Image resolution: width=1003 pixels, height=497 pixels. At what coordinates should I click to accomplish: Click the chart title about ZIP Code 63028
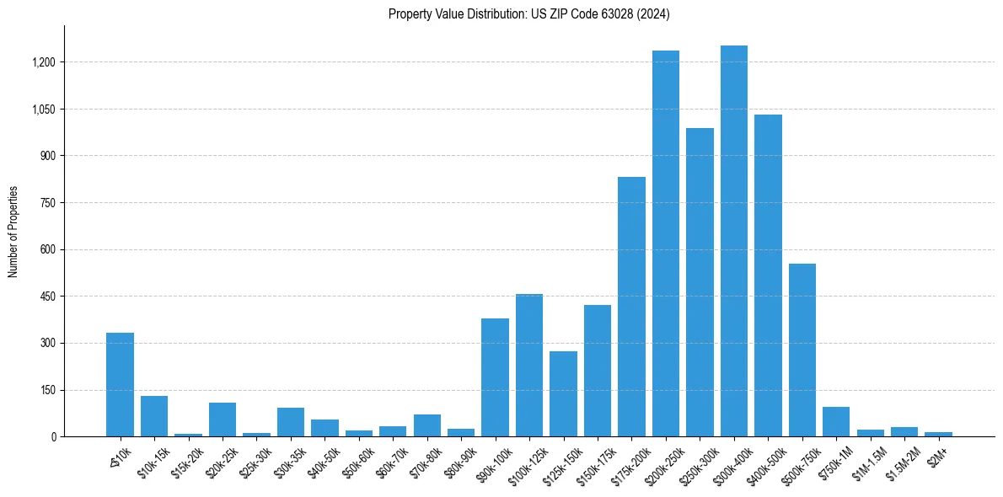pyautogui.click(x=529, y=13)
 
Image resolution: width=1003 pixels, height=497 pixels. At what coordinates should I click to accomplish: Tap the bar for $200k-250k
pyautogui.click(x=666, y=243)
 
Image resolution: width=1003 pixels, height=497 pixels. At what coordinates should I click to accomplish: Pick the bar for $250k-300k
pyautogui.click(x=700, y=282)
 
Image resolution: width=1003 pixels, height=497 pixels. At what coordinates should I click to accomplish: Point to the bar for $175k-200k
pyautogui.click(x=631, y=307)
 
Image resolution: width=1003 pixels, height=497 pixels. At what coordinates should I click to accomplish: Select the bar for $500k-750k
pyautogui.click(x=802, y=350)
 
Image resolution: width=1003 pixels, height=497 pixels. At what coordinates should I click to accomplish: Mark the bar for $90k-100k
pyautogui.click(x=495, y=377)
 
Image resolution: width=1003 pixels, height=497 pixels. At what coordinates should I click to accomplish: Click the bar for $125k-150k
pyautogui.click(x=563, y=393)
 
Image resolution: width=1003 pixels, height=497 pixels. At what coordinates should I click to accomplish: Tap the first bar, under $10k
pyautogui.click(x=120, y=384)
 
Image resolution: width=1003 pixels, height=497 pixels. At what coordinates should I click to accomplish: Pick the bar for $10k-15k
pyautogui.click(x=154, y=416)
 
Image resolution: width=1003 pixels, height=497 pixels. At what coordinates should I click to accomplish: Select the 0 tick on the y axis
pyautogui.click(x=52, y=436)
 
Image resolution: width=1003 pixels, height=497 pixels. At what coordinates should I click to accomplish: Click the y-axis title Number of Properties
pyautogui.click(x=13, y=232)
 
